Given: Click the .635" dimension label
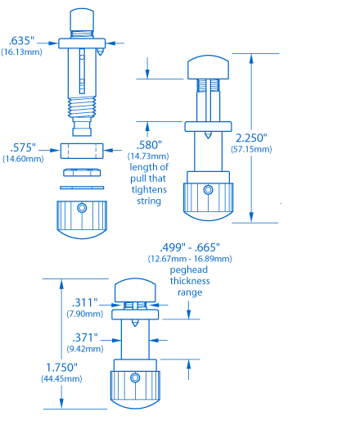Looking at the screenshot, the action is pos(21,41).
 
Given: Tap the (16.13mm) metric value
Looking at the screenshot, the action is pos(21,52).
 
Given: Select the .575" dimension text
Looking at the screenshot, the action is pos(23,147).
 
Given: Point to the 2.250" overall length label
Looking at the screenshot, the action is pos(251,138).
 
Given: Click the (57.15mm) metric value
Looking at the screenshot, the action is pos(251,149).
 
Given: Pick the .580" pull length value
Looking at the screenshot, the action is pos(149,145).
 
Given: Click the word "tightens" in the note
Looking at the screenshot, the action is pos(149,189).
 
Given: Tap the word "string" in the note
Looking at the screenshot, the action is pos(149,201).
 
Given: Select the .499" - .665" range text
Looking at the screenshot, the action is pos(190,247).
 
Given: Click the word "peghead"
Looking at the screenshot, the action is pos(189,269).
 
